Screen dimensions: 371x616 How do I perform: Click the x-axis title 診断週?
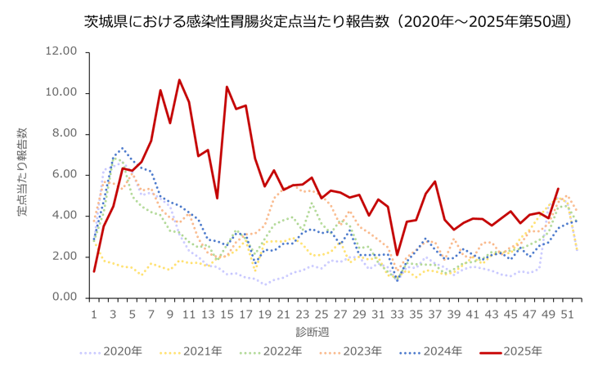pos(312,332)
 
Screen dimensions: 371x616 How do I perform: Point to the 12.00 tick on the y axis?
pos(61,51)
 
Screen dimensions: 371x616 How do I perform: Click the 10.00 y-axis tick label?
pos(61,92)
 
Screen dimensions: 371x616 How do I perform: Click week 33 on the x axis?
pos(398,313)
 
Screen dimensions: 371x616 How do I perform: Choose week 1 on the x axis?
pos(94,313)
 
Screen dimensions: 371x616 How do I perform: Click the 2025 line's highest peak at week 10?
pos(179,80)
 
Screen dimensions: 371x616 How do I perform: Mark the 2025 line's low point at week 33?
pos(397,254)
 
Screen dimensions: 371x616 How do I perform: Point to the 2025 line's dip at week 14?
pos(217,198)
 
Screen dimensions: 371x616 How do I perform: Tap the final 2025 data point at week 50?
pos(558,189)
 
